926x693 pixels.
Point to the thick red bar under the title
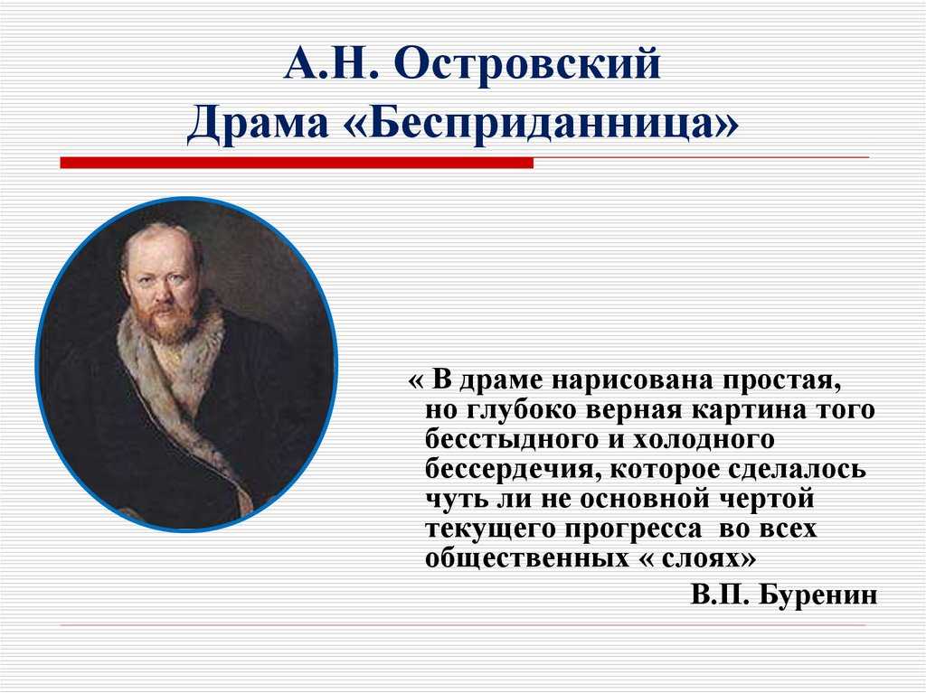click(297, 163)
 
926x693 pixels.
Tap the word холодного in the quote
click(704, 440)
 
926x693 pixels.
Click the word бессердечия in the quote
click(508, 470)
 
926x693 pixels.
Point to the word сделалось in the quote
click(797, 470)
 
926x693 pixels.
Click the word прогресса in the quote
click(633, 529)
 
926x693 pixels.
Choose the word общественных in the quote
click(527, 558)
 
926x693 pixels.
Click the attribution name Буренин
click(817, 595)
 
